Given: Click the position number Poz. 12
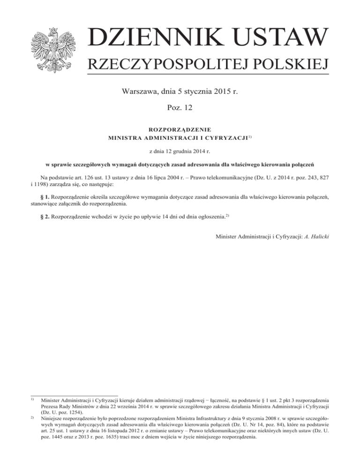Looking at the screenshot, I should [x=180, y=109].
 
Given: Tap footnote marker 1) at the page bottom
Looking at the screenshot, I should [x=32, y=399].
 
